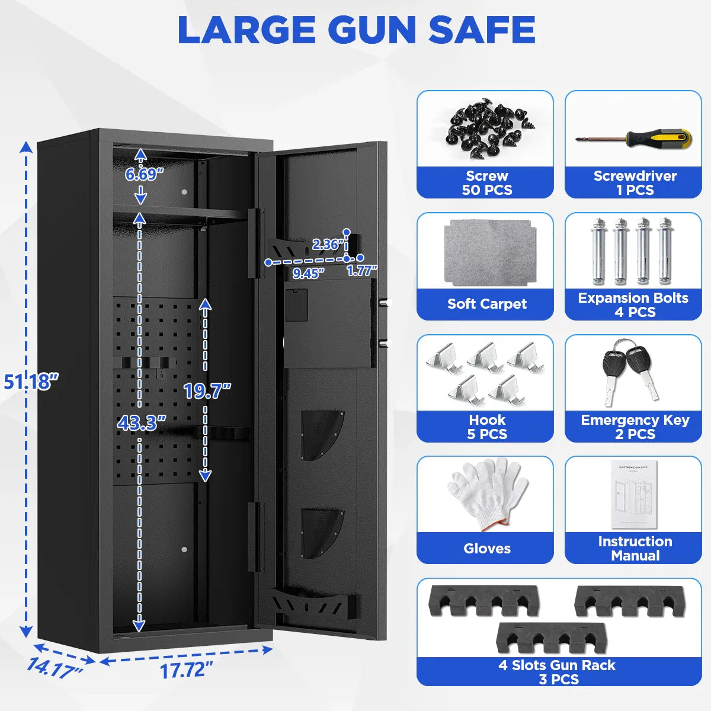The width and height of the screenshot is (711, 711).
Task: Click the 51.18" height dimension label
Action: pos(31,381)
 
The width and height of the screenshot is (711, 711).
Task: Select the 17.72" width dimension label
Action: pos(186,670)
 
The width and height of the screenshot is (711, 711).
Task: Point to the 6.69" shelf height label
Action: pos(144,174)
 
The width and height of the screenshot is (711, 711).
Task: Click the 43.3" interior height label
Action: pos(141,423)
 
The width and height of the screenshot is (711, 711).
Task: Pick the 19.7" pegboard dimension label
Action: pos(207,390)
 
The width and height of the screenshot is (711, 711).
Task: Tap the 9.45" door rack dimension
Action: pos(309,273)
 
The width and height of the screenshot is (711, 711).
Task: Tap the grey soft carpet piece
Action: pos(487,252)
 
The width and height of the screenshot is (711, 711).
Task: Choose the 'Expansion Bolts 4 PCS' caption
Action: pos(633,305)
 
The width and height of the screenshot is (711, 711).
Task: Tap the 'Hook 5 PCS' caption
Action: pos(486,427)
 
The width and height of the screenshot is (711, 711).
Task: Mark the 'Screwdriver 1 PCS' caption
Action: pos(635,182)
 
